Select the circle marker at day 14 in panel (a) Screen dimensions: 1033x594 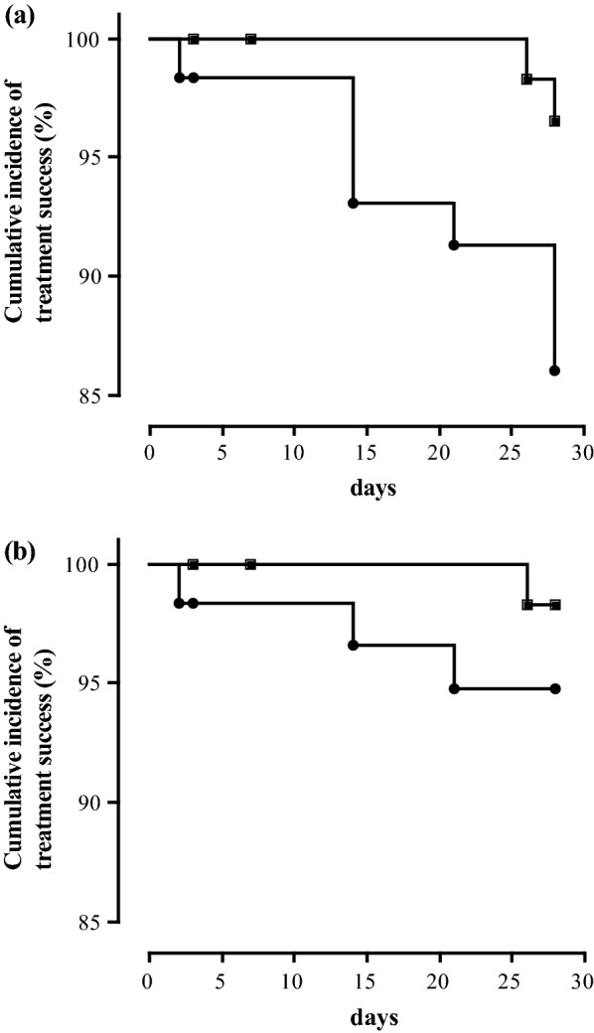click(353, 203)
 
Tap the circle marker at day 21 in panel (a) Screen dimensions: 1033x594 click(454, 244)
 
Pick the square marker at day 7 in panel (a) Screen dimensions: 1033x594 click(251, 39)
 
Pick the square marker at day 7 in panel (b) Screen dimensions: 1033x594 click(251, 564)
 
